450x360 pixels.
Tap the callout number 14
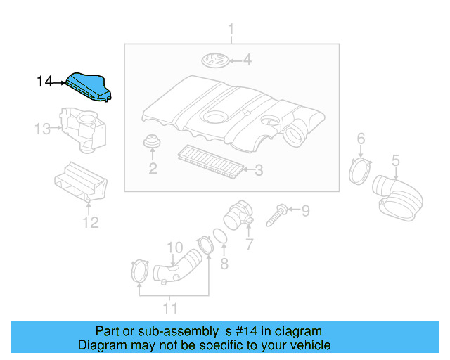(45, 82)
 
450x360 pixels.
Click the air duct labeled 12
(83, 185)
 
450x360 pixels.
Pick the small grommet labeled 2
(150, 143)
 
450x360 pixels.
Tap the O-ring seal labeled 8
(219, 238)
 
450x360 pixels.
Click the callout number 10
(174, 247)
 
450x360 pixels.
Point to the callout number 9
(305, 210)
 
